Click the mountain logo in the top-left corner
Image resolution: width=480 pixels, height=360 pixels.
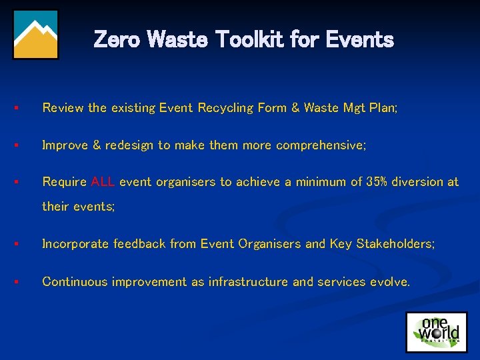point(36,35)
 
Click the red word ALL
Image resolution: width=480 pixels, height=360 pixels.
point(103,182)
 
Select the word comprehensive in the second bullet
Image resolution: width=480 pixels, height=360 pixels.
point(321,145)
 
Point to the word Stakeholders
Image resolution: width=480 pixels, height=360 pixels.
point(393,244)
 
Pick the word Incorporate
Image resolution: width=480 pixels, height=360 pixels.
point(75,244)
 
